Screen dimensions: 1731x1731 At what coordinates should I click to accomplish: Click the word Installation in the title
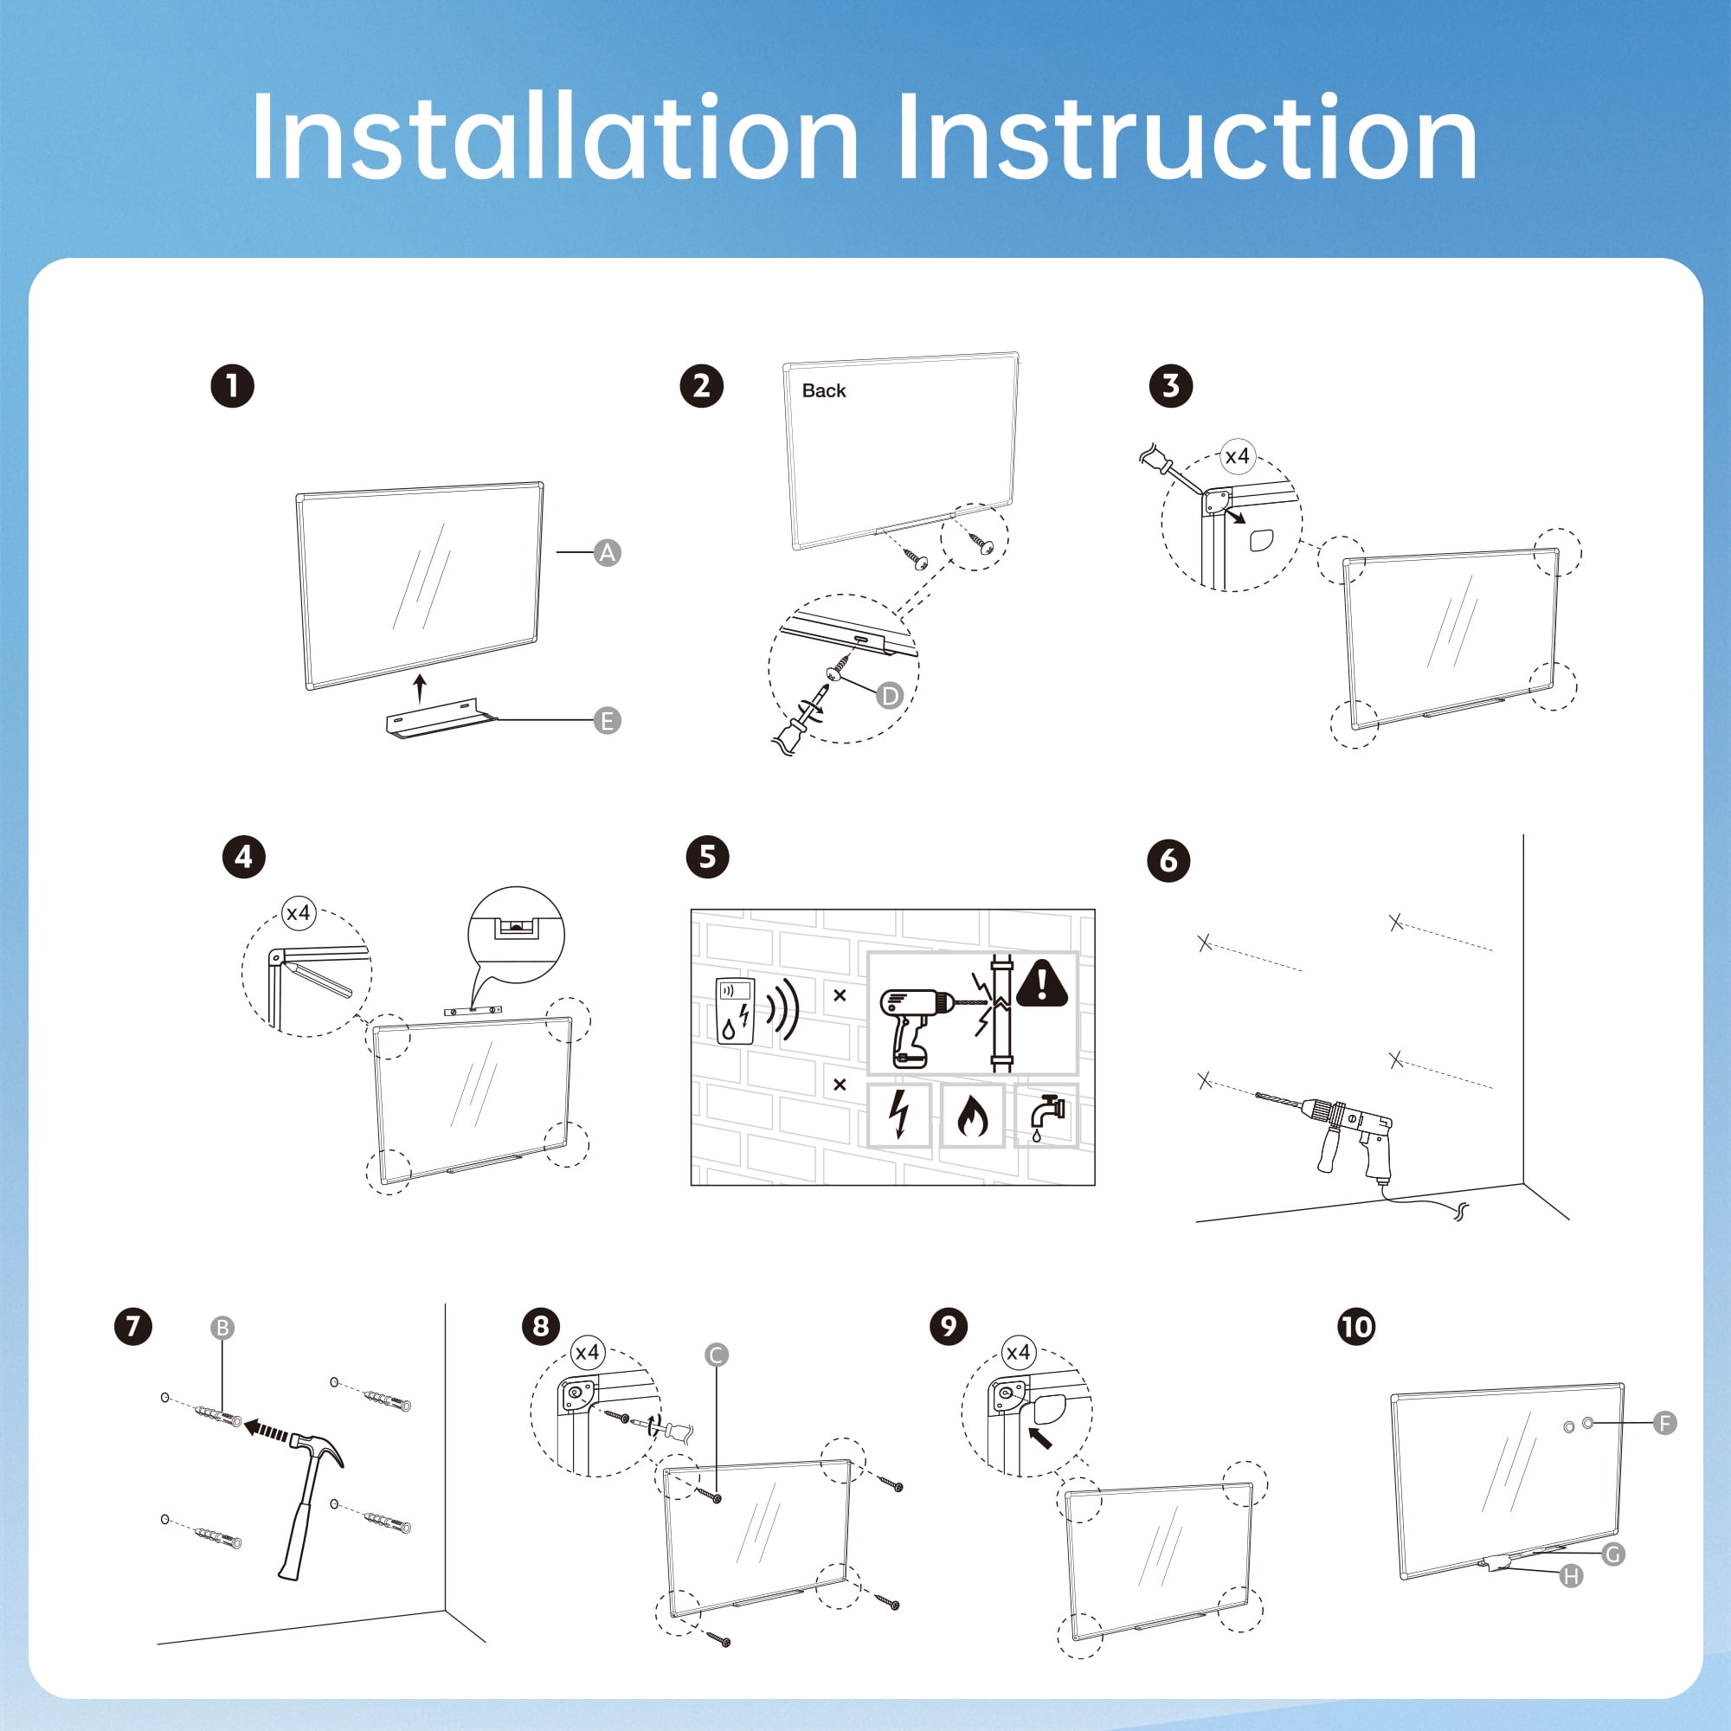(555, 138)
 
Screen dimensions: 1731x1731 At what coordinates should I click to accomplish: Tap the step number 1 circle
(232, 386)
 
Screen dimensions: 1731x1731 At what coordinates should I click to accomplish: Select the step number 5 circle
(707, 857)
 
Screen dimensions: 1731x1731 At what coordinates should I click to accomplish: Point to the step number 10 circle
(1355, 1326)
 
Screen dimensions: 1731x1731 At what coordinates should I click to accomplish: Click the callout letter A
(608, 553)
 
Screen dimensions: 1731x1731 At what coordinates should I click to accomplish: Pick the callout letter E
(608, 720)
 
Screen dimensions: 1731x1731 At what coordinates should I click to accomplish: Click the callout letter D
(890, 695)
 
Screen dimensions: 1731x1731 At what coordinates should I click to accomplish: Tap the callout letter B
(222, 1328)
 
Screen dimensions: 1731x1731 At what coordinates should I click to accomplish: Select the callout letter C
(716, 1355)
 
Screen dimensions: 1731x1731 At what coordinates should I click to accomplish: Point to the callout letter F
(1664, 1423)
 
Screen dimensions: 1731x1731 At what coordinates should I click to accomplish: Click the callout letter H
(1572, 1575)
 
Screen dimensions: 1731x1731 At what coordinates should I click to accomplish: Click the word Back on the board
(823, 390)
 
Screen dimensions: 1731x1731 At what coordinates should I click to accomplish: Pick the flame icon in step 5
(972, 1116)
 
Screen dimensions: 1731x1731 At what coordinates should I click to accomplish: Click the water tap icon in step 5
(1045, 1116)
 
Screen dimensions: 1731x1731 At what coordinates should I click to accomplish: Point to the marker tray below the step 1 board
(441, 721)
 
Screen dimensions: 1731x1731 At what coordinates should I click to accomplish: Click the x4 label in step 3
(1238, 456)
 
